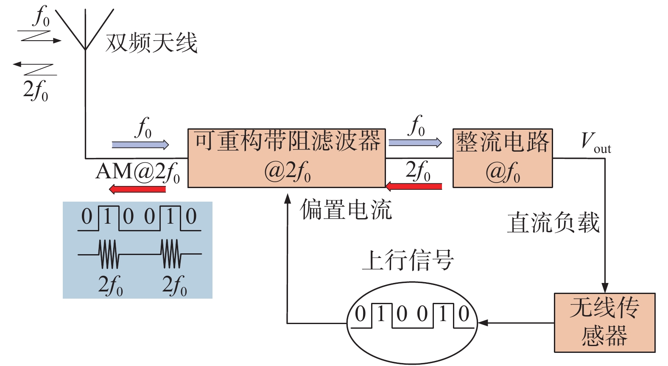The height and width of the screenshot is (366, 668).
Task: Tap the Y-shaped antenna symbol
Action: click(x=85, y=30)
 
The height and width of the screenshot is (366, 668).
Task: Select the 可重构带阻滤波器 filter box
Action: click(x=287, y=158)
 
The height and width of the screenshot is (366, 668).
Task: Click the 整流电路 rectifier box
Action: click(x=503, y=158)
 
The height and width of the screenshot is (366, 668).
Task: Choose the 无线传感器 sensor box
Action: click(x=604, y=323)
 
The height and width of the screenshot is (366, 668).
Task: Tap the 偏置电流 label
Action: click(x=346, y=210)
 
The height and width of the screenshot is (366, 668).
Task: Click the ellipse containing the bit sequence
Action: click(x=412, y=323)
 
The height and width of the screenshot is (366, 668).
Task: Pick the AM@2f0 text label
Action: click(x=138, y=172)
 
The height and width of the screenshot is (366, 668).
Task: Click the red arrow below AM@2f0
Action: click(x=137, y=189)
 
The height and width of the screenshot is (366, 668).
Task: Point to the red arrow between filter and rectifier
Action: click(x=414, y=186)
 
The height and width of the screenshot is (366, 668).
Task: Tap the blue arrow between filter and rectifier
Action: click(x=415, y=143)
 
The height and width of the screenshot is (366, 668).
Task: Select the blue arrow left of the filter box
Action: click(x=140, y=145)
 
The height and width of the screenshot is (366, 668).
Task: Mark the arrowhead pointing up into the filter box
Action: click(x=288, y=199)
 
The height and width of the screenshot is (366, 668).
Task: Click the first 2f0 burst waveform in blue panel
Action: click(x=109, y=254)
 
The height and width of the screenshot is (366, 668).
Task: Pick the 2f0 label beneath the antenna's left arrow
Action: click(x=36, y=90)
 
